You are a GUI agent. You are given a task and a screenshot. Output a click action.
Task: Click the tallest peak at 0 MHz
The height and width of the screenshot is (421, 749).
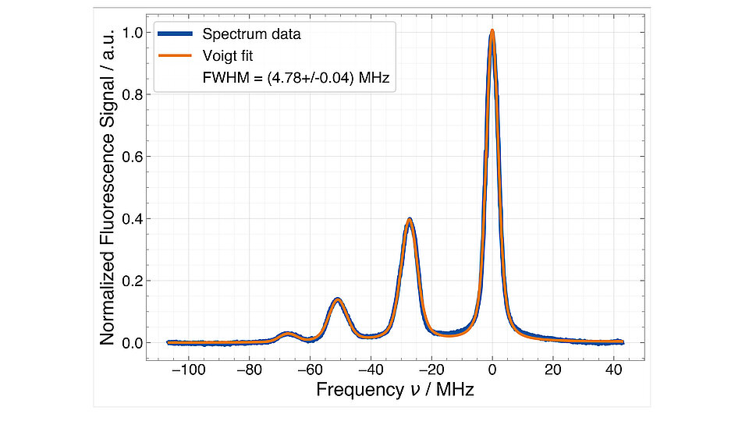tap(492, 33)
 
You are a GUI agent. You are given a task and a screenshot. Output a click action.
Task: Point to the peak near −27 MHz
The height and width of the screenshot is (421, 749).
tap(409, 220)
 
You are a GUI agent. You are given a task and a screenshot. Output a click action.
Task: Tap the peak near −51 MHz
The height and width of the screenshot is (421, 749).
tap(337, 299)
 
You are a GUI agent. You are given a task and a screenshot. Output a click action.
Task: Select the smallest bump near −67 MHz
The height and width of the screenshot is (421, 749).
tap(287, 334)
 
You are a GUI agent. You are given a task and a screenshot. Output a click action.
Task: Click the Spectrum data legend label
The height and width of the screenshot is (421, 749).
tap(251, 34)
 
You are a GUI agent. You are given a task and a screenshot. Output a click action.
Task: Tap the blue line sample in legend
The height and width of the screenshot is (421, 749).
tap(176, 34)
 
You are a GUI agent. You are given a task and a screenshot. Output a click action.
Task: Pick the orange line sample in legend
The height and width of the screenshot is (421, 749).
tap(176, 56)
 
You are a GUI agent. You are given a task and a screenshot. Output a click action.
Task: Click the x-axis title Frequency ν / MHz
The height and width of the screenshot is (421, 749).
tap(395, 389)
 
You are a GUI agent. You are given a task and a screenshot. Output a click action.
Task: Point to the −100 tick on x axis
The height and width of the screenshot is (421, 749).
tap(185, 369)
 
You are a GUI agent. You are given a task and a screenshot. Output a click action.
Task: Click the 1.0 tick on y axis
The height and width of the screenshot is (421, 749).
tap(132, 33)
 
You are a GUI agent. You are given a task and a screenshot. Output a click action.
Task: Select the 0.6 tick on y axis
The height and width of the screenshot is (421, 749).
tap(132, 157)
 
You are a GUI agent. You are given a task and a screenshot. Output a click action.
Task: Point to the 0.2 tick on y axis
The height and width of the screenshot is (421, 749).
tap(132, 281)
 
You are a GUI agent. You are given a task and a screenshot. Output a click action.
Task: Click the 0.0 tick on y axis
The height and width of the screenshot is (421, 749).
tap(132, 343)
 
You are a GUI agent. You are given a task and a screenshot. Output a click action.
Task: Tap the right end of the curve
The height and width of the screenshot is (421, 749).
tap(623, 342)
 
